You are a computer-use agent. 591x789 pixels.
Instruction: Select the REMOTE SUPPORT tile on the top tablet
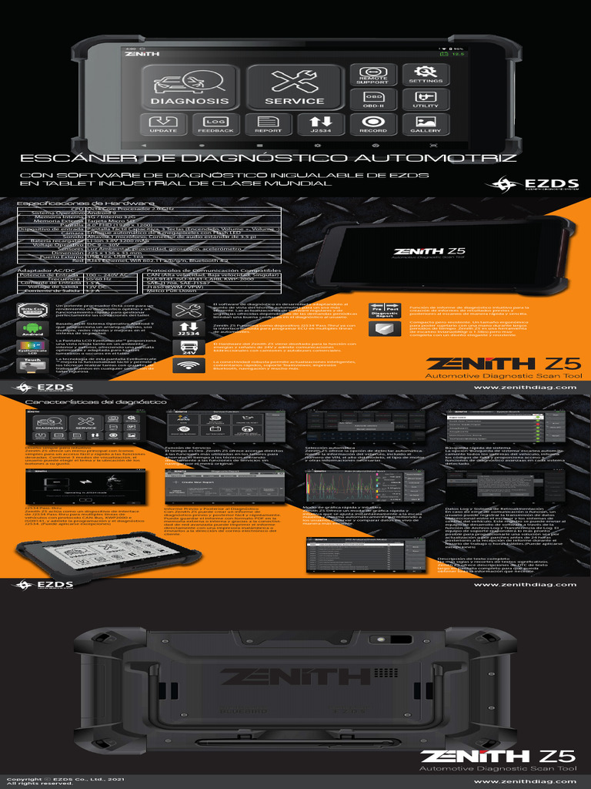click(x=372, y=75)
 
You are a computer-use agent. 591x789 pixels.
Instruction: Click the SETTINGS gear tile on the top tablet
click(x=426, y=75)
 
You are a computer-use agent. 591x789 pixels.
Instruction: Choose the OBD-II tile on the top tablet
click(x=372, y=99)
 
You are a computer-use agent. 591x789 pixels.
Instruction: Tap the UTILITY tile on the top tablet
click(x=426, y=99)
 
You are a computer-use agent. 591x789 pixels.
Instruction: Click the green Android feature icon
click(x=32, y=330)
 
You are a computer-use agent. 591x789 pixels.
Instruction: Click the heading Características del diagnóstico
click(x=95, y=402)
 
